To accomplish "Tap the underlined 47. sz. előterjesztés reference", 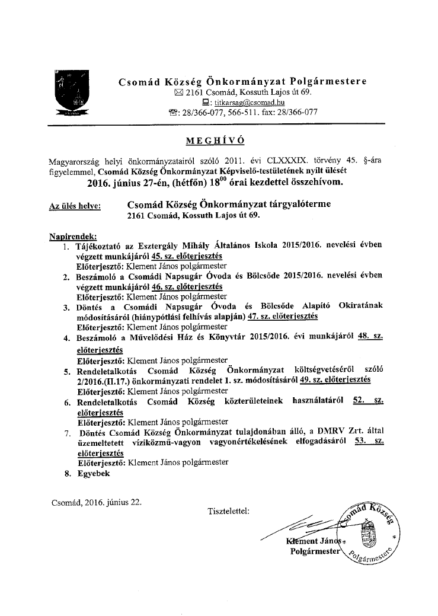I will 283,316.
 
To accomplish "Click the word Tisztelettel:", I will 229,510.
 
